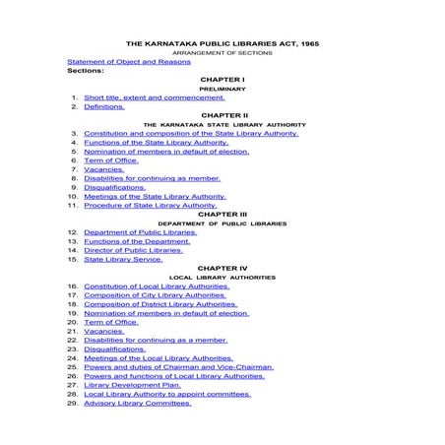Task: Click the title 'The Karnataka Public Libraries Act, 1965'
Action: click(222, 44)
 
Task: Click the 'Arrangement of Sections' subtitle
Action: click(222, 53)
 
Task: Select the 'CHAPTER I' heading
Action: click(222, 80)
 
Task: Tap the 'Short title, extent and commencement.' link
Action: click(155, 97)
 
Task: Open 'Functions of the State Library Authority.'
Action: click(157, 143)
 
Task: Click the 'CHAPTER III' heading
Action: click(222, 214)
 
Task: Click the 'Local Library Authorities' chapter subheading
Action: click(222, 277)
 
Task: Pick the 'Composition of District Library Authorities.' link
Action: click(160, 304)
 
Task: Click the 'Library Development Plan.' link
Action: click(133, 385)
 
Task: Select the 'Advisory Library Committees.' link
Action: click(138, 403)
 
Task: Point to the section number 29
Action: click(73, 403)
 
